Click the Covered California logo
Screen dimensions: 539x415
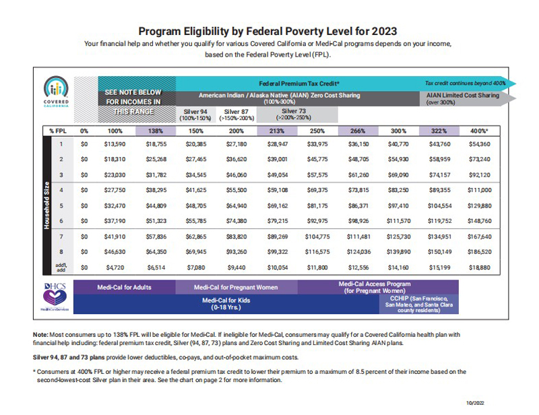pyautogui.click(x=56, y=92)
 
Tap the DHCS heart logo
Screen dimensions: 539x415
pyautogui.click(x=55, y=296)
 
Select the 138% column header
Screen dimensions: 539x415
pyautogui.click(x=156, y=131)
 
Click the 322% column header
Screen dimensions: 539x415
pyautogui.click(x=439, y=131)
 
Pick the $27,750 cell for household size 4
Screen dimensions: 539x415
pyautogui.click(x=115, y=190)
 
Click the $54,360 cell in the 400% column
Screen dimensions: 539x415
pyautogui.click(x=480, y=144)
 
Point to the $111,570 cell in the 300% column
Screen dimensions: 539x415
pyautogui.click(x=398, y=221)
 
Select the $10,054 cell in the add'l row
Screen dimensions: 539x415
pyautogui.click(x=278, y=267)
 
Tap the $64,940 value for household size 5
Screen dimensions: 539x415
pyautogui.click(x=236, y=206)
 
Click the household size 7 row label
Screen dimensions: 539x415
pyautogui.click(x=61, y=236)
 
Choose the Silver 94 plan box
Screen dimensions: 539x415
pyautogui.click(x=195, y=115)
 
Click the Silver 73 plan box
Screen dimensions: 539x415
pyautogui.click(x=297, y=115)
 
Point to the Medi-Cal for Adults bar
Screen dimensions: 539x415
pyautogui.click(x=125, y=287)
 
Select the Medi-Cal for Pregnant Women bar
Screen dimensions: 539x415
pyautogui.click(x=236, y=287)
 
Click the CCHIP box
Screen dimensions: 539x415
pyautogui.click(x=418, y=305)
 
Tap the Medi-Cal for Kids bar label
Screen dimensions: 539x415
pyautogui.click(x=226, y=304)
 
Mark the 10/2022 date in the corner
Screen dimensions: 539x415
pyautogui.click(x=475, y=403)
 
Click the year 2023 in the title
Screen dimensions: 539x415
pyautogui.click(x=384, y=31)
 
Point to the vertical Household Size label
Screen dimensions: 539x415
pyautogui.click(x=46, y=205)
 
